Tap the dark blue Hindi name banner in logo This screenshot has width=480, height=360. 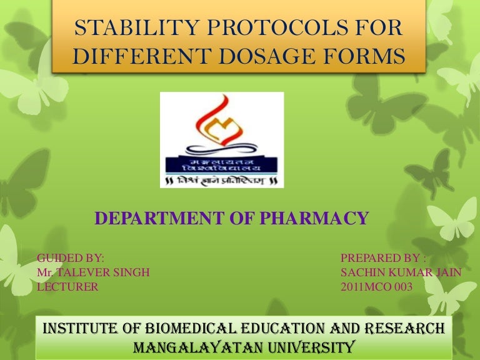pos(222,164)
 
